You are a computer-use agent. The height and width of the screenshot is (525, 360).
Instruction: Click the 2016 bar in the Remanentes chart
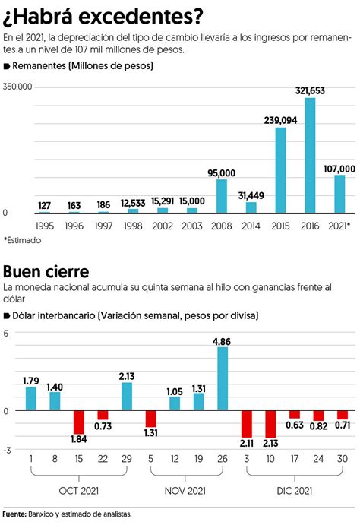coord(310,155)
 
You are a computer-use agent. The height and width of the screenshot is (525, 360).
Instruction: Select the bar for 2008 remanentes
coord(222,196)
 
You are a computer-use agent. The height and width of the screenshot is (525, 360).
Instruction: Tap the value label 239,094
coord(280,120)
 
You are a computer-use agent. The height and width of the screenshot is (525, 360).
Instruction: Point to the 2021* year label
coord(339,226)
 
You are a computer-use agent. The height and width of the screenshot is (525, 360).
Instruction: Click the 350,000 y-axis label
coord(17,87)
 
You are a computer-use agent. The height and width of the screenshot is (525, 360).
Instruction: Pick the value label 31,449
coord(251,195)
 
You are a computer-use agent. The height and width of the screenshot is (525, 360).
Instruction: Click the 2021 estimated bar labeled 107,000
coord(339,194)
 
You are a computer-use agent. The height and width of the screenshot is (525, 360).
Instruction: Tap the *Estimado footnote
coord(22,240)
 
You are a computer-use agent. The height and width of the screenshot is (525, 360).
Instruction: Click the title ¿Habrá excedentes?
coord(103,17)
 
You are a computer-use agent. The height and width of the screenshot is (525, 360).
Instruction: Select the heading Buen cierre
coord(46,271)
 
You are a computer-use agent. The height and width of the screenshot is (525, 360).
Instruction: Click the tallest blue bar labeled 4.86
coord(223,378)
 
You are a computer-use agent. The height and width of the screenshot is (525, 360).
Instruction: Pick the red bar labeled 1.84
coord(79,422)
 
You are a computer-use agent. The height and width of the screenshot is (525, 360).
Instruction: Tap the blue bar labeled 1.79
coord(31,398)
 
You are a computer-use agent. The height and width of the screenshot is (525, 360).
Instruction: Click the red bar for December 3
coord(247,424)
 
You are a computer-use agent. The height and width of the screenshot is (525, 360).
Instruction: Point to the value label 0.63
coord(295,425)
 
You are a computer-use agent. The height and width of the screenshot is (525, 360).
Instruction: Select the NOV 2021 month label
coord(185,491)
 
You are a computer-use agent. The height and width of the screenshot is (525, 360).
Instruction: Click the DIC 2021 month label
coord(295,491)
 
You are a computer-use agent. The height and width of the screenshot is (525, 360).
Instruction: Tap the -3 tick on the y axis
coord(7,450)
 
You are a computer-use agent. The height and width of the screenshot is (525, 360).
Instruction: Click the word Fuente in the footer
coord(14,514)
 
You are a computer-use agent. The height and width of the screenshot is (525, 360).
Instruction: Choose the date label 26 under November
coord(223,459)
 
